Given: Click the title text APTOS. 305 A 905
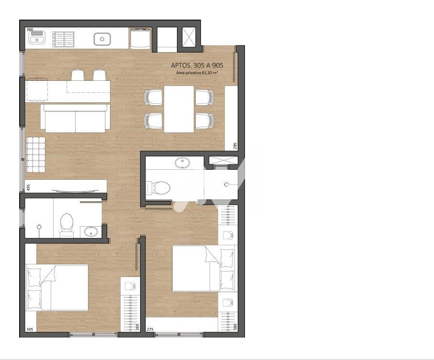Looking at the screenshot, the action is pos(197,65).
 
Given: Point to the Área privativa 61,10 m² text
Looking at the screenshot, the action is pos(197,73).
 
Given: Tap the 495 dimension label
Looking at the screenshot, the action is pos(28,188).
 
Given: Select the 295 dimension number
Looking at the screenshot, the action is pos(235,146).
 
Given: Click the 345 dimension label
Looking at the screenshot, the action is pos(30,329).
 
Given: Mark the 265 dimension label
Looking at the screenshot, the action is pos(137,327).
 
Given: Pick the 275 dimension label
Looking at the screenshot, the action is pos(150,329).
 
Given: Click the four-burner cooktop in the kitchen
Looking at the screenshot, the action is pos(64,39).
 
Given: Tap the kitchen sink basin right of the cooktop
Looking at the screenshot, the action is pos(102,39).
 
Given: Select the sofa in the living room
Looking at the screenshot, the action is pos(75,118).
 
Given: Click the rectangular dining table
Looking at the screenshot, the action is pos(179,109).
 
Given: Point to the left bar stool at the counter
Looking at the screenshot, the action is pos(78,75).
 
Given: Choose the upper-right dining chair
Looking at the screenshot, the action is pos(204,98).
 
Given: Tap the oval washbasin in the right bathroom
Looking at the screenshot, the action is pos(182,163).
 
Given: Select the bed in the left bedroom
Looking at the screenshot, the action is pos(57,287).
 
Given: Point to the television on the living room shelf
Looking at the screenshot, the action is pos(75,190).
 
